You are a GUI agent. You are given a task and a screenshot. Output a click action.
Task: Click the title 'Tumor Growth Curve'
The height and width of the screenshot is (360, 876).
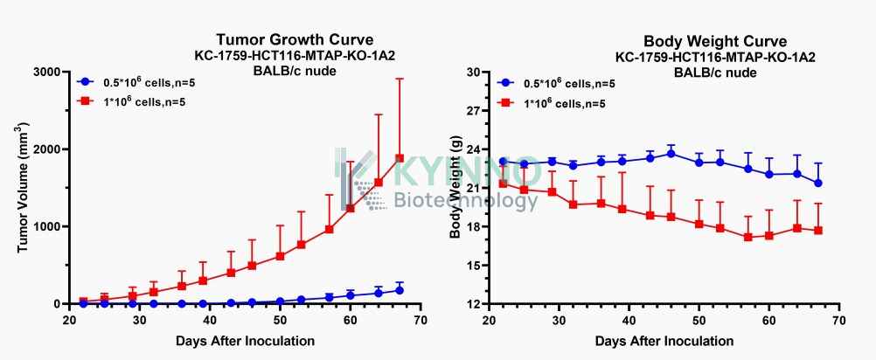[295, 40]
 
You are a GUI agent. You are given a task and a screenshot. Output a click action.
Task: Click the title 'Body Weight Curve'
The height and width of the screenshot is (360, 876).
[715, 42]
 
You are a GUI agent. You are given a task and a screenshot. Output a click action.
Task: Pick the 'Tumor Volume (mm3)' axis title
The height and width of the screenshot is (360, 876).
[23, 188]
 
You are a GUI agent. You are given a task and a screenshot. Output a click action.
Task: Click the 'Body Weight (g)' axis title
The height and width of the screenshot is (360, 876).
[455, 187]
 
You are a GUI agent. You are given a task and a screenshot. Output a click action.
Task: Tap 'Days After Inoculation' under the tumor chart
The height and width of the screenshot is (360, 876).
[245, 341]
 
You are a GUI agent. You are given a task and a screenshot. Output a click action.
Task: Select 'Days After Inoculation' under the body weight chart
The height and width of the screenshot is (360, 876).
[664, 341]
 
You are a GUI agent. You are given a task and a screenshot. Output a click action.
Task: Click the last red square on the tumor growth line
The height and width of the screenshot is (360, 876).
[400, 158]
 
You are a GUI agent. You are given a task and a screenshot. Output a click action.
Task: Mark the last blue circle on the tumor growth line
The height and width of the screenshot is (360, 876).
[400, 290]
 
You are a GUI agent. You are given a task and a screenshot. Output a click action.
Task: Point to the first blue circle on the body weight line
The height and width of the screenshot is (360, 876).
[503, 162]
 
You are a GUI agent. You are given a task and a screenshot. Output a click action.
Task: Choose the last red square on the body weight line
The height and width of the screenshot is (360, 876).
[818, 230]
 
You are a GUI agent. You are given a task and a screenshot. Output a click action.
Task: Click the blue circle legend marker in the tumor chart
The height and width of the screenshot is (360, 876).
[84, 81]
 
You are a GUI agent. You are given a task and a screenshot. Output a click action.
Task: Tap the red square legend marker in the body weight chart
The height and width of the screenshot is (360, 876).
[504, 103]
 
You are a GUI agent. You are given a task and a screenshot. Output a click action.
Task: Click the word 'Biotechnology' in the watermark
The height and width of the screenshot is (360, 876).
[467, 200]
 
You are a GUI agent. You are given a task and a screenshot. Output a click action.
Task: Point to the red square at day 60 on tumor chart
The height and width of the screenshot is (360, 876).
[351, 208]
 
